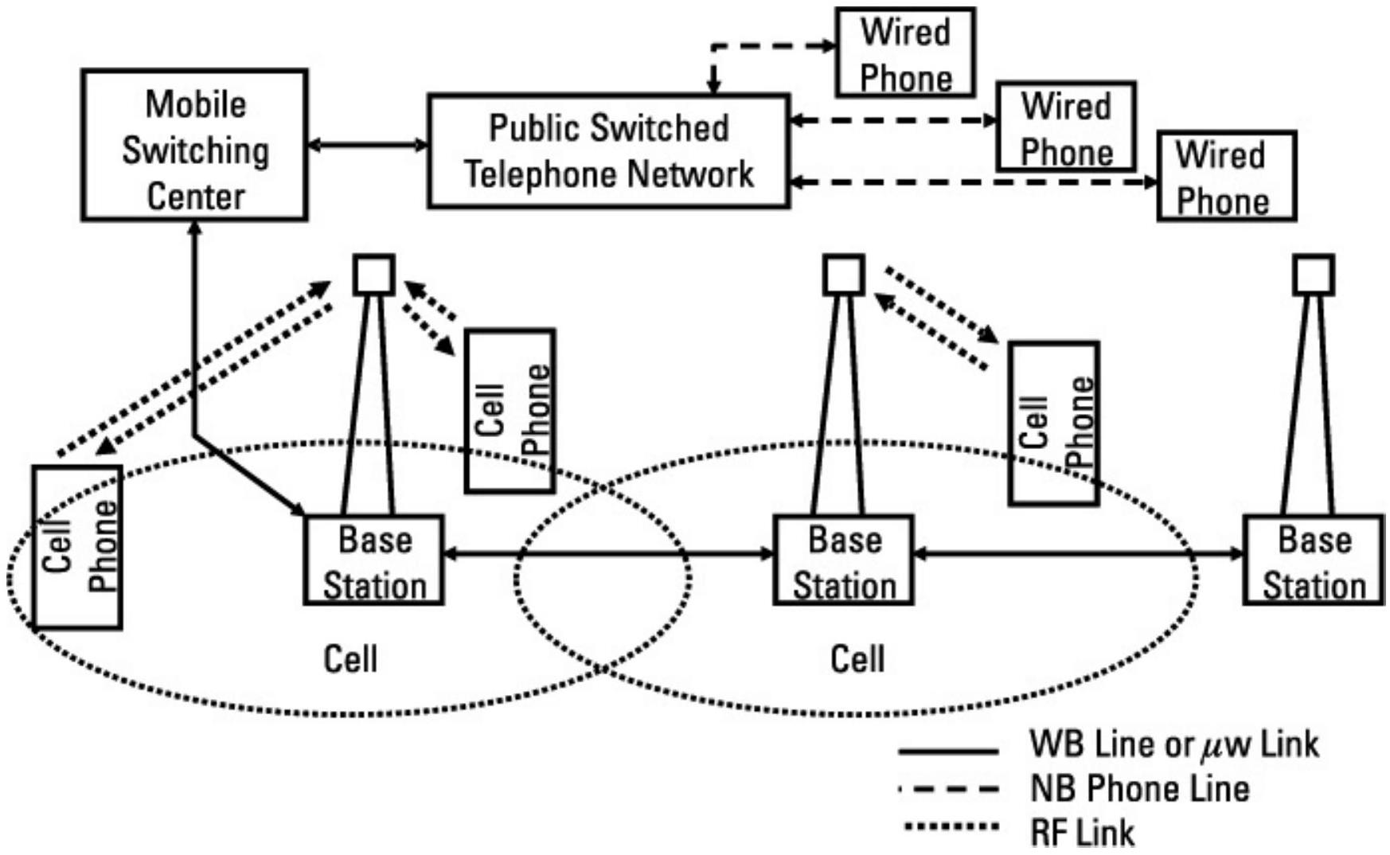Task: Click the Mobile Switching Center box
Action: (194, 145)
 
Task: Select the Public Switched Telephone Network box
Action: (609, 151)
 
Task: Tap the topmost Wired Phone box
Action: (905, 53)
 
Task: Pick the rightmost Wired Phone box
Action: (1226, 177)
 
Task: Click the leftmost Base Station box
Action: (373, 560)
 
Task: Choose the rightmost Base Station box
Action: (1314, 560)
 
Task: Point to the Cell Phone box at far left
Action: (77, 548)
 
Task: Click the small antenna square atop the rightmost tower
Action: (1314, 275)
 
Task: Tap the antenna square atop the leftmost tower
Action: (373, 275)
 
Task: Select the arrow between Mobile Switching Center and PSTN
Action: (368, 146)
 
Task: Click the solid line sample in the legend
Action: (948, 751)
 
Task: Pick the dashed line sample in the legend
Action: (948, 790)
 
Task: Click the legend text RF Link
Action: (1082, 833)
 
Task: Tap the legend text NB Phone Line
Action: (1139, 789)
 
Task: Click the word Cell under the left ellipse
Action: (350, 659)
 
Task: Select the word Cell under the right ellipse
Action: (857, 659)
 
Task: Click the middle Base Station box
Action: (843, 560)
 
